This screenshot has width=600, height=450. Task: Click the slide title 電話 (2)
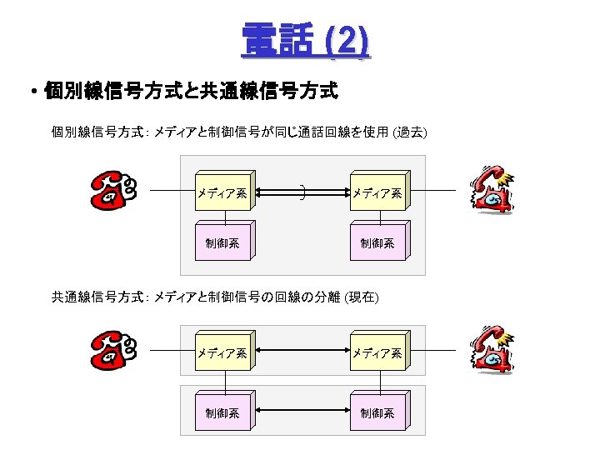(x=305, y=40)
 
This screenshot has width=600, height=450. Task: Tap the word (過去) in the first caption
(x=411, y=132)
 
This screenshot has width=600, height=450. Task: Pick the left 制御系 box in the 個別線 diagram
(x=222, y=243)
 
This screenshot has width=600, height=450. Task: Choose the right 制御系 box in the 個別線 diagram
(x=377, y=243)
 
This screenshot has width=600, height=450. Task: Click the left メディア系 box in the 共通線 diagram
(x=222, y=353)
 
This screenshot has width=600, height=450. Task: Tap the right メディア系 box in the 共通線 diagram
(x=377, y=353)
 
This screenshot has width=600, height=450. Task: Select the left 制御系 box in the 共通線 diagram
(x=222, y=412)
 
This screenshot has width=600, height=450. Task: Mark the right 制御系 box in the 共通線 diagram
(x=377, y=412)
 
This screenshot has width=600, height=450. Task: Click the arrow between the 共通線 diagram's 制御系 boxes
(x=302, y=412)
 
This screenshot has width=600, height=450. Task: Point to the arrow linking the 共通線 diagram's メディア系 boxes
(x=302, y=353)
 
